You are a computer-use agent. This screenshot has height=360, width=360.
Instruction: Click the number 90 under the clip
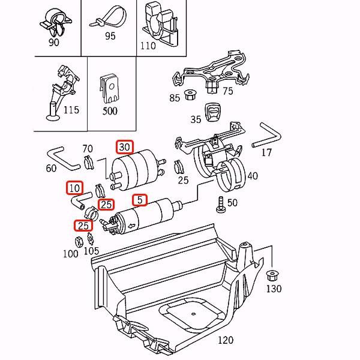53,43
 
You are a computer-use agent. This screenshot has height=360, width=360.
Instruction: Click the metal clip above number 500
109,87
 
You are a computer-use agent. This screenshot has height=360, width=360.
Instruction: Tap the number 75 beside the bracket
227,91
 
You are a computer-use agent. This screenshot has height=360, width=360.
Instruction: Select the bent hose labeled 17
268,135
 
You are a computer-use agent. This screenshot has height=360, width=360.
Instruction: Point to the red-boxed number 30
124,146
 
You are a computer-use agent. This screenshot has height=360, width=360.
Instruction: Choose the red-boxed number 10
74,188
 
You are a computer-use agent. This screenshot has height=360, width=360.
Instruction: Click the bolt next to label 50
220,204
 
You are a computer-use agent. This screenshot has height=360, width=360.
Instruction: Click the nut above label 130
270,276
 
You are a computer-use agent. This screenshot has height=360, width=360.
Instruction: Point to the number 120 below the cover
225,340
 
